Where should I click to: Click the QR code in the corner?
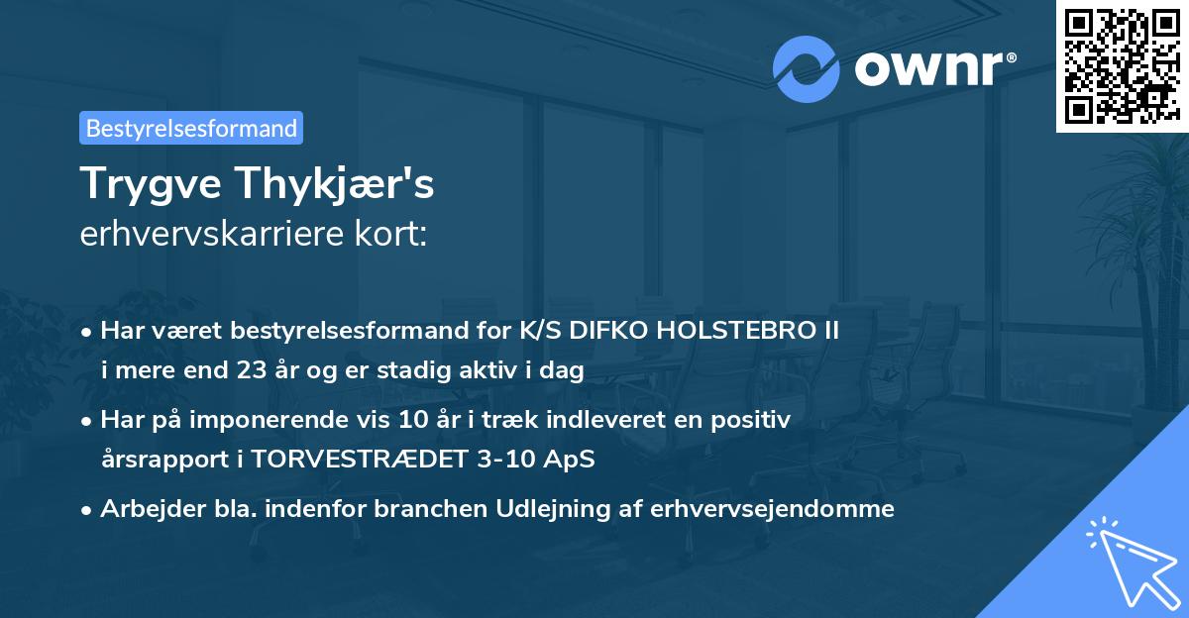[1122, 65]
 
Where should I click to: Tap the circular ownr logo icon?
[807, 68]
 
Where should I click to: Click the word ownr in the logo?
[935, 69]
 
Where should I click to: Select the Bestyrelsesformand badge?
[191, 128]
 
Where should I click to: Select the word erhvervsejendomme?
[773, 509]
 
